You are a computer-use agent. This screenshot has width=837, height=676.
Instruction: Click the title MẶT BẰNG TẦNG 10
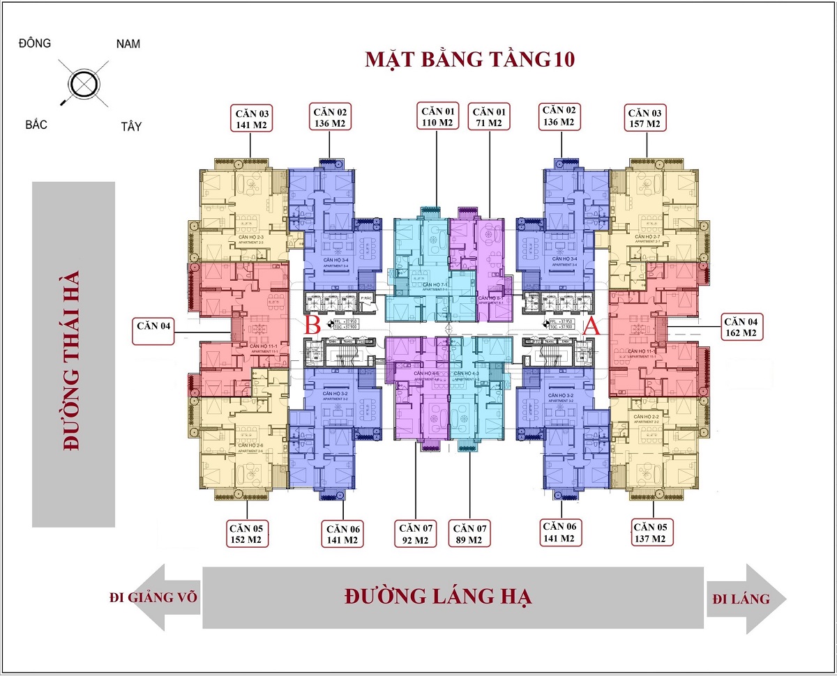(x=469, y=59)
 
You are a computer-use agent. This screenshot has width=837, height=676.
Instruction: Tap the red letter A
(x=591, y=325)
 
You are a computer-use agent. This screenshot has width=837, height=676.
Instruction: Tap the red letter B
(x=313, y=325)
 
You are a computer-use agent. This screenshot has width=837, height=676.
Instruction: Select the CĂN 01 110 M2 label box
(x=437, y=116)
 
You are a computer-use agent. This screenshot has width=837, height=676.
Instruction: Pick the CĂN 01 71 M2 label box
(x=490, y=116)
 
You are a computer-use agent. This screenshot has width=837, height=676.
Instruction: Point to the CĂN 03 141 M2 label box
(x=251, y=118)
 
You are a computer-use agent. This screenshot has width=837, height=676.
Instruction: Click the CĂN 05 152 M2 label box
(x=247, y=533)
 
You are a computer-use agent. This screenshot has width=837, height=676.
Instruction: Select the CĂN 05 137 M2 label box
(x=653, y=533)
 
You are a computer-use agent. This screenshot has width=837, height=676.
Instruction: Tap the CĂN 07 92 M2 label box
(x=416, y=533)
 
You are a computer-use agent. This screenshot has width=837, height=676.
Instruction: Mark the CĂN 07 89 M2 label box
(x=469, y=533)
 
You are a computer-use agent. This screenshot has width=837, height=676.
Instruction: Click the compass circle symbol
(x=82, y=84)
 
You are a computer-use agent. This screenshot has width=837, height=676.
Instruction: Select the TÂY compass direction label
(x=130, y=126)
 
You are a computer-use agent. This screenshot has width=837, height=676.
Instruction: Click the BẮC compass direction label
(x=36, y=125)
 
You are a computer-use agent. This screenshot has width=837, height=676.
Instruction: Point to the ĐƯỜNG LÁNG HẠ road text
(x=438, y=597)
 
